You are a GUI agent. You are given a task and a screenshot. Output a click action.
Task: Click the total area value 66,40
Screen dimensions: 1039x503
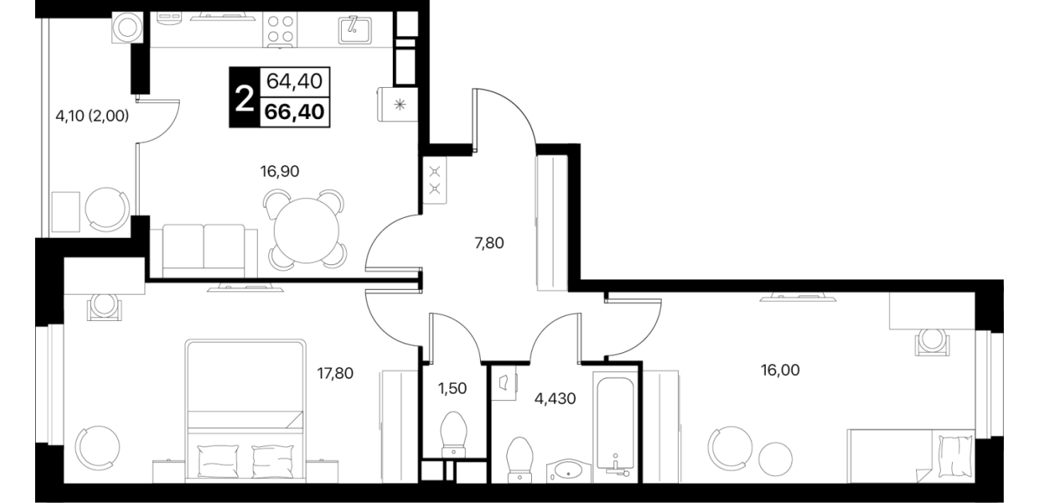[295, 112]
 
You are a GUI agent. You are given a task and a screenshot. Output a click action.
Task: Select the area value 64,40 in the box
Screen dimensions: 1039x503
[295, 81]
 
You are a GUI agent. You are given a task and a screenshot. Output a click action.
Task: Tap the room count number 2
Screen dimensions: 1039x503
[244, 100]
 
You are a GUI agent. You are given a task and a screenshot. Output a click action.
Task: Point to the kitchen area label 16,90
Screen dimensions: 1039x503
[280, 172]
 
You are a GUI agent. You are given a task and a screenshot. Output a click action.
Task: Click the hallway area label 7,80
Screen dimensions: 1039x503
[489, 243]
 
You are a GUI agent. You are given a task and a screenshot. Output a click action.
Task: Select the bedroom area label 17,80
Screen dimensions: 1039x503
[335, 373]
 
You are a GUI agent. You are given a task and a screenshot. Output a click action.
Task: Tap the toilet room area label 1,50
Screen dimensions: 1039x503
[452, 389]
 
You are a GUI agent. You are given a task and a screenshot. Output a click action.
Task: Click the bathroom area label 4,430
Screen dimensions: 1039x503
[555, 398]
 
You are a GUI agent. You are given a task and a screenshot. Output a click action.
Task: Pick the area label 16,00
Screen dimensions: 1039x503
[780, 370]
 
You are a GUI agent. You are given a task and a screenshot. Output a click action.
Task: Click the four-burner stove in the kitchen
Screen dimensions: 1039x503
[280, 30]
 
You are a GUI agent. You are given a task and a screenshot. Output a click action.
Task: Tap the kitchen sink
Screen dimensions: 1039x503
[355, 30]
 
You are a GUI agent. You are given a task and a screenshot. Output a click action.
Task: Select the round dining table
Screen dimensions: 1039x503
[307, 231]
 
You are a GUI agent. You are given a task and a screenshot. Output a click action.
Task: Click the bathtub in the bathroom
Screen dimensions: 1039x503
[614, 424]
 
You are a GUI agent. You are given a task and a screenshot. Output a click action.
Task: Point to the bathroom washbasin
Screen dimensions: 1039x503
[569, 471]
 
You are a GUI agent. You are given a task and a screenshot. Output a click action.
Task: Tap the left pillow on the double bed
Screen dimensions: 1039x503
[217, 461]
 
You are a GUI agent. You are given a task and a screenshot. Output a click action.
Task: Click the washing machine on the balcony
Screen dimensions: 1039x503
[128, 27]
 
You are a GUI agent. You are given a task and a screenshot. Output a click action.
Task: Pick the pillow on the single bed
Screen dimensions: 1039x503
[954, 457]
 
